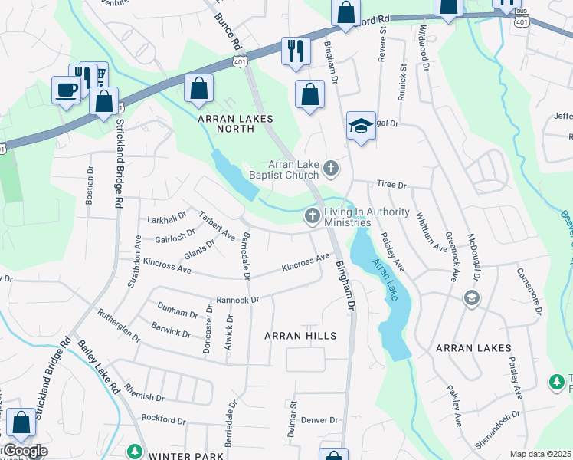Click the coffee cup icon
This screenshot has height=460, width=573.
66,90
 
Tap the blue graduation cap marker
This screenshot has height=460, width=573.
361,127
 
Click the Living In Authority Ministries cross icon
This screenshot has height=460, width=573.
312,217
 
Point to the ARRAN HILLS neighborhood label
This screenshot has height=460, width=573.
300,336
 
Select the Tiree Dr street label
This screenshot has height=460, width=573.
390,185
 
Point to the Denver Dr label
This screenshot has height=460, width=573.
319,420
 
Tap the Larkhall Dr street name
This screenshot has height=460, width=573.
167,219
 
